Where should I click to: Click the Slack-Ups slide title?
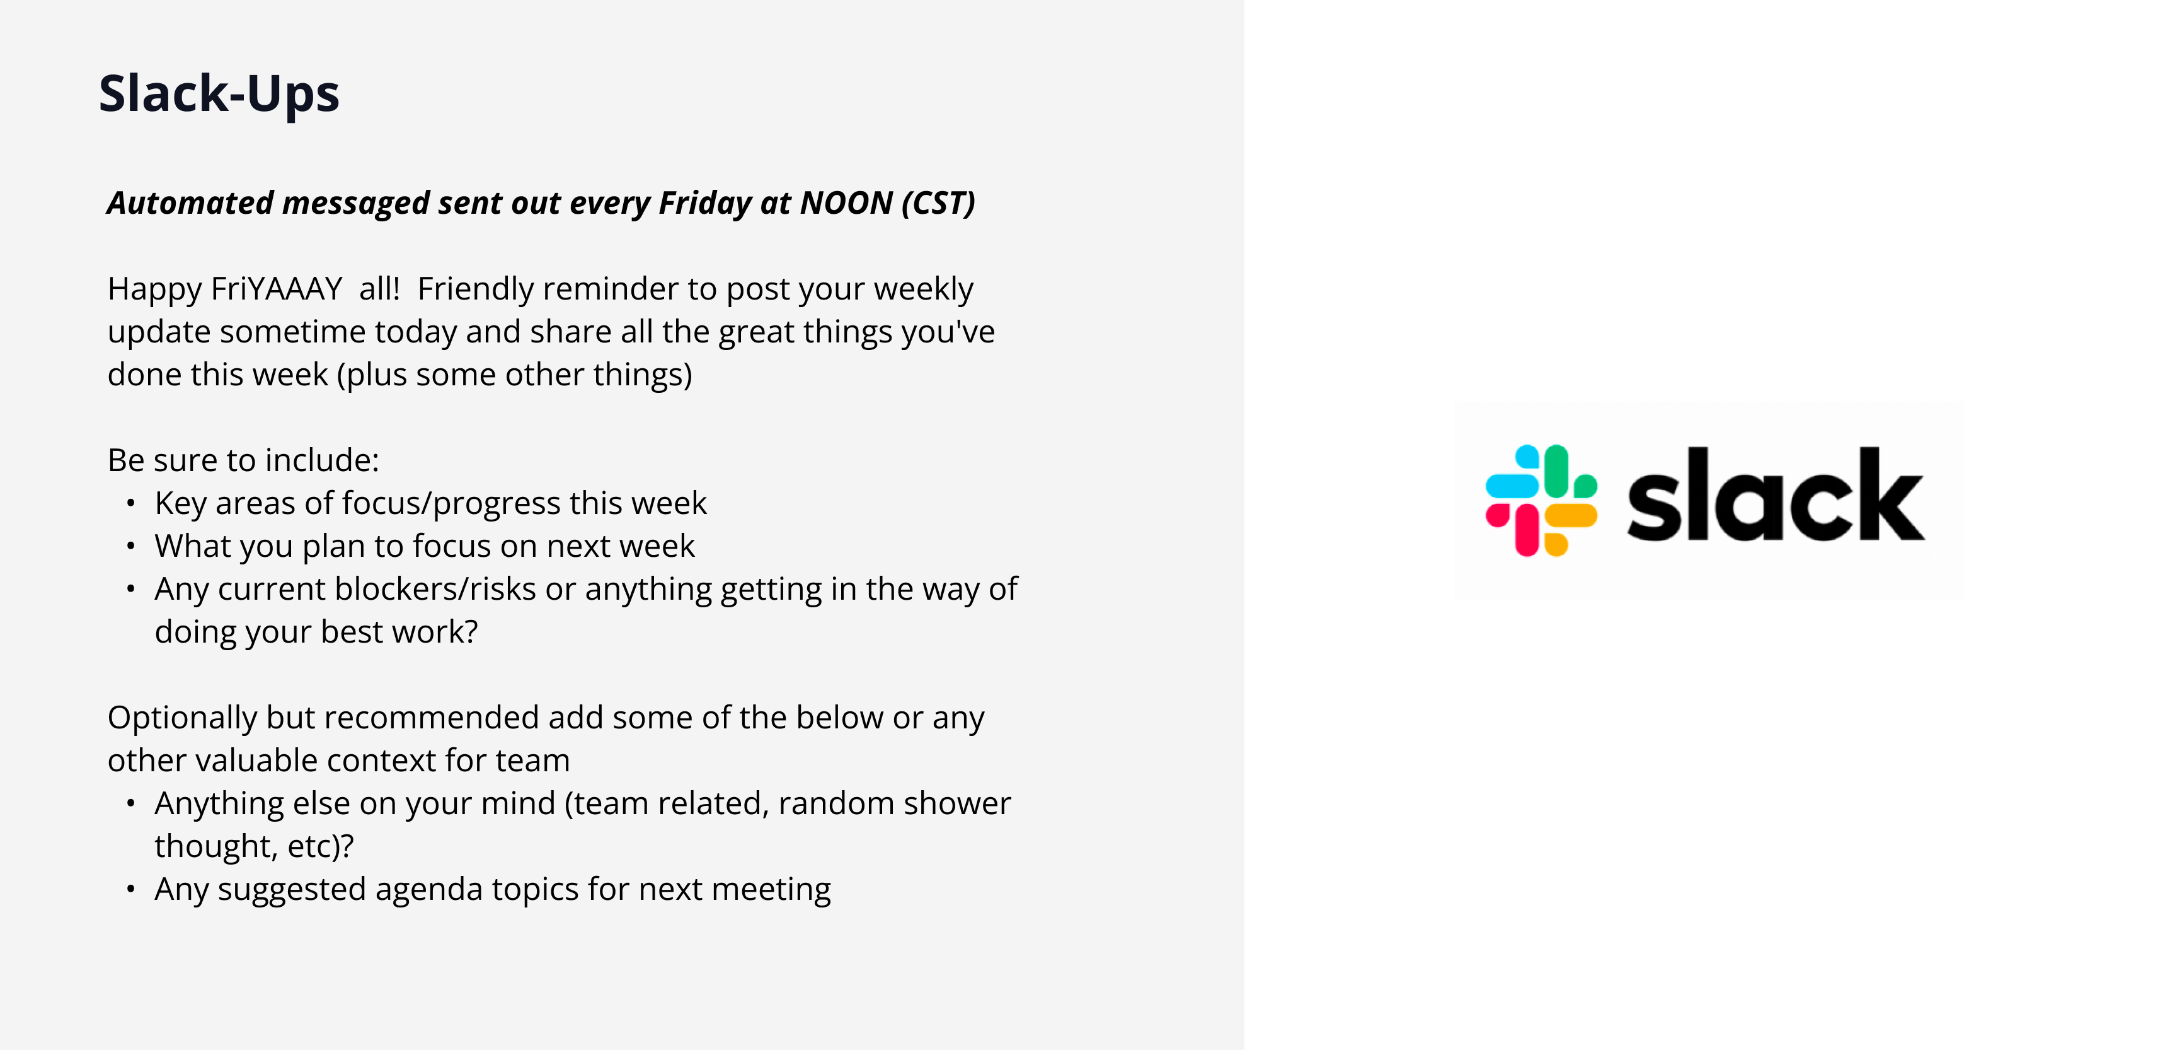219,93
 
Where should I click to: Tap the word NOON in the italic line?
846,204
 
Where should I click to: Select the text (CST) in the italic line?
938,204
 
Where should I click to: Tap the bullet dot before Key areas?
130,503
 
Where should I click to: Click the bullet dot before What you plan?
130,547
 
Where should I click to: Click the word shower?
960,803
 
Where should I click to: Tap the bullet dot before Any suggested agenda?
130,889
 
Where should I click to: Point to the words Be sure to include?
243,460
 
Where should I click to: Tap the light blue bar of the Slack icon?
1513,486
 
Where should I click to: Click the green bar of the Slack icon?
1557,471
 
